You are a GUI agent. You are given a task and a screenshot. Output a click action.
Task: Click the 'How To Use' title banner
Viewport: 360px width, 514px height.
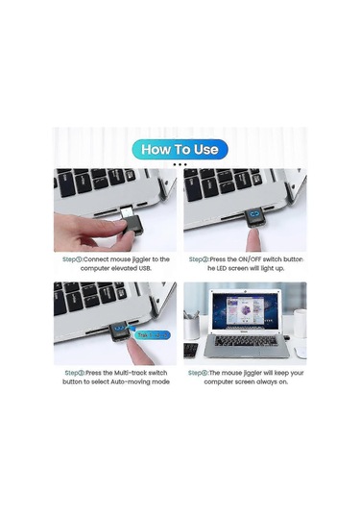[180, 149]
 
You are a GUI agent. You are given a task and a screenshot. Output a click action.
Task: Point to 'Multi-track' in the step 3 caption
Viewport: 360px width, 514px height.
[126, 372]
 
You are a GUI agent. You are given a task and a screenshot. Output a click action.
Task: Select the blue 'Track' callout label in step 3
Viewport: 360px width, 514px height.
[145, 335]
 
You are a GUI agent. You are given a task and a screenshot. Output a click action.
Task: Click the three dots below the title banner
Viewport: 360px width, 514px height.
[180, 164]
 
